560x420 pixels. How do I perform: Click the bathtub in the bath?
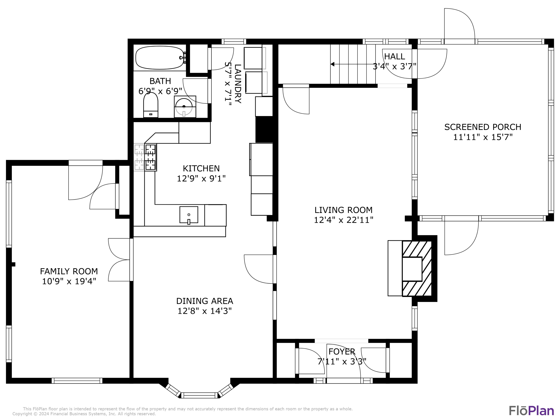[159, 58]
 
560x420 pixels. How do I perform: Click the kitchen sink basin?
[189, 215]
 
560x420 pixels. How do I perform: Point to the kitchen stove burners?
[150, 157]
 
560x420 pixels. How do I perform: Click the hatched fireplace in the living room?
[417, 268]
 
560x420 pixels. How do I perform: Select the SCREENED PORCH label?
[483, 127]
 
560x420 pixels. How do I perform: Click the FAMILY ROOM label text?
[69, 271]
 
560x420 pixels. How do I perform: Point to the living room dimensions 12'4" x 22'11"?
[343, 220]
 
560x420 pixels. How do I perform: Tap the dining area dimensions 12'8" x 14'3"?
[205, 311]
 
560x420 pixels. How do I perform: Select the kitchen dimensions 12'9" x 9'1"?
[201, 178]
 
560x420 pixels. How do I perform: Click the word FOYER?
[342, 351]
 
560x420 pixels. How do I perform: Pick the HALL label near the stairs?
[394, 56]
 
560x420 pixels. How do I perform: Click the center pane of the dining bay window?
[199, 395]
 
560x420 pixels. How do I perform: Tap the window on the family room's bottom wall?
[77, 380]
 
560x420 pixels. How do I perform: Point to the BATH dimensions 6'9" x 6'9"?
[160, 91]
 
